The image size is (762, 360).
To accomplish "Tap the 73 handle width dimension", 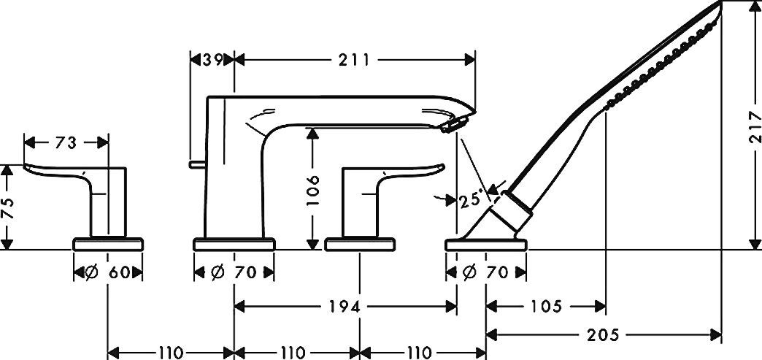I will click(x=66, y=143).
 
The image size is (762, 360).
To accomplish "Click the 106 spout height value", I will click(x=312, y=191).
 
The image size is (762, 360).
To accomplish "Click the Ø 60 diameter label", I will click(x=108, y=273).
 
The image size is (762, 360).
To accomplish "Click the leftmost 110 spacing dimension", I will click(x=171, y=353).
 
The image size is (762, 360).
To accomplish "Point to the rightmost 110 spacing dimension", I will click(x=423, y=353).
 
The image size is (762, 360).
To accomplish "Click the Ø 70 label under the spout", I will click(x=234, y=273).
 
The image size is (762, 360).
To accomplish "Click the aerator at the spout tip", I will click(x=450, y=127).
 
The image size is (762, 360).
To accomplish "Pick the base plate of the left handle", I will click(x=108, y=245).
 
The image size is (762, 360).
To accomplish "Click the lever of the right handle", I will click(x=409, y=169).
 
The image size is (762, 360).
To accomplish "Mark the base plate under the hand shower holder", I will click(x=486, y=245).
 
